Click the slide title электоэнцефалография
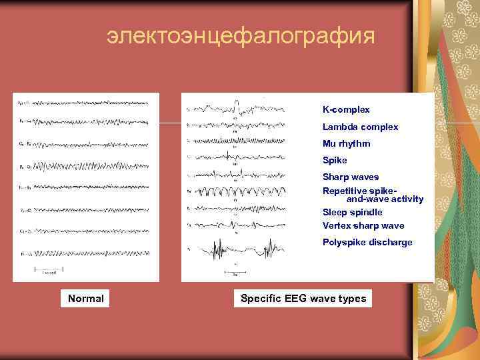(241, 37)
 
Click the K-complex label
(346, 109)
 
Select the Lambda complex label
(360, 127)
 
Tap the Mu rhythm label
(346, 143)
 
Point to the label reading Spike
(335, 161)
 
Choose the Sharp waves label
(350, 177)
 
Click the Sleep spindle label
(352, 212)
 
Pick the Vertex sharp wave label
(363, 226)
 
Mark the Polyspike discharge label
(367, 243)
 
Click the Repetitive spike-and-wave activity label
(373, 195)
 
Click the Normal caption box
(86, 299)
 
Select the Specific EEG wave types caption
(303, 299)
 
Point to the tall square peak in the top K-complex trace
(237, 102)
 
